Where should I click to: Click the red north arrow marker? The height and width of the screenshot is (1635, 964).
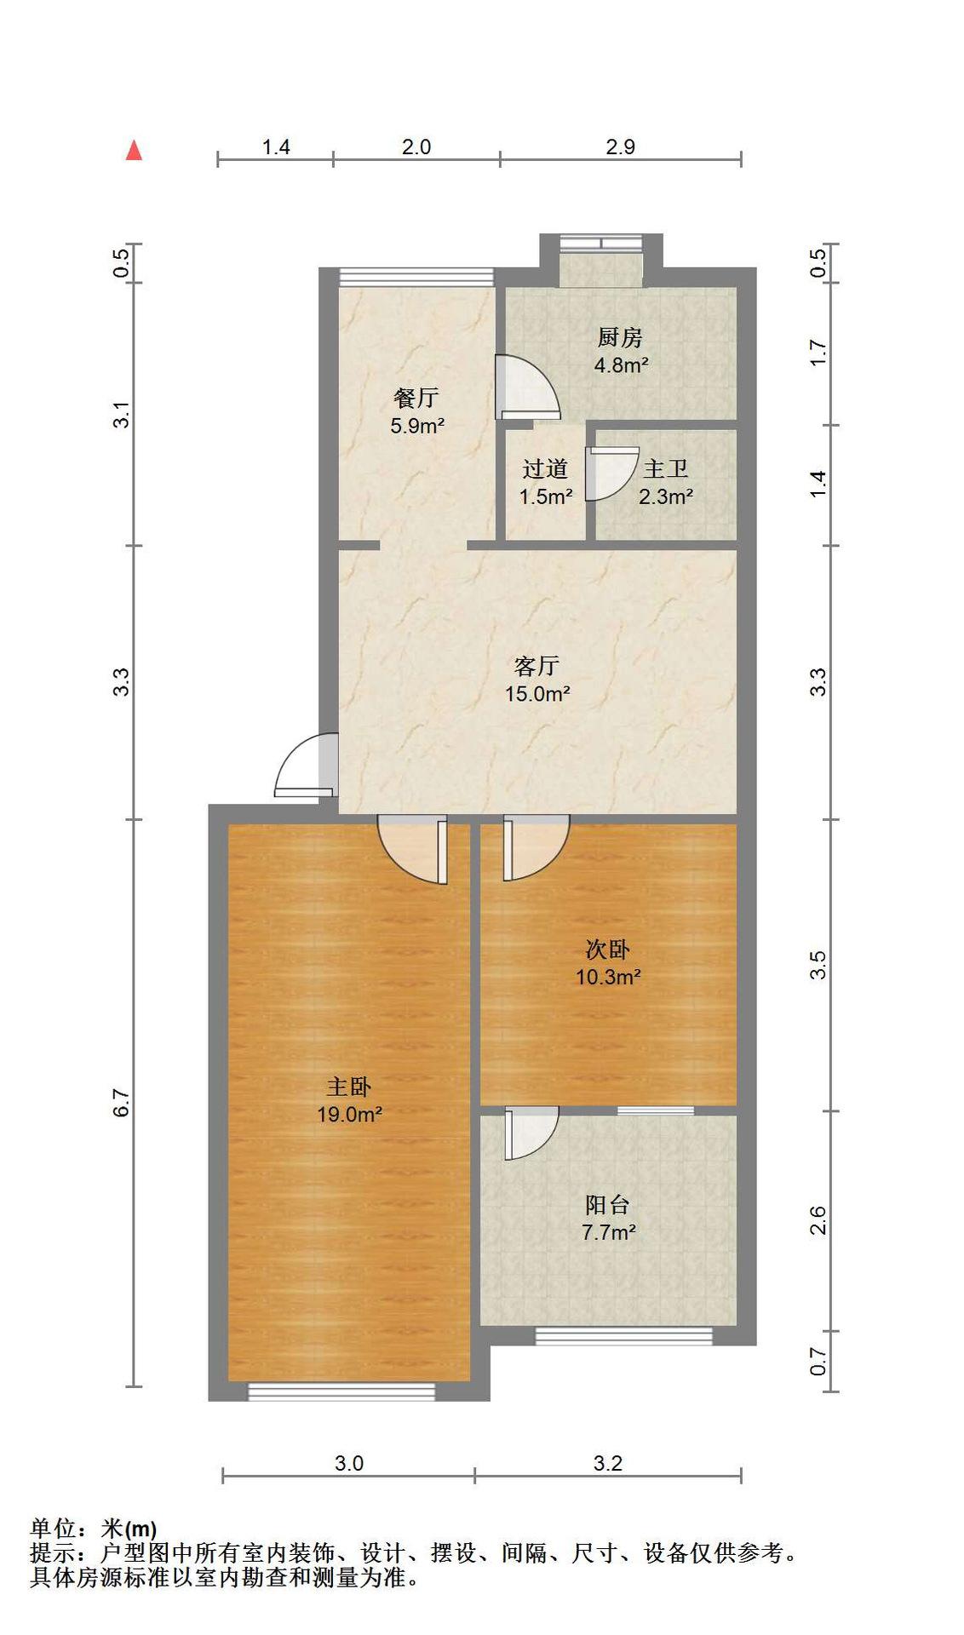tap(134, 150)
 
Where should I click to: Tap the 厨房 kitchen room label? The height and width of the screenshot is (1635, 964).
tap(620, 338)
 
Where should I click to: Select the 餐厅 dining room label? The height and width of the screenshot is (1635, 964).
tap(416, 398)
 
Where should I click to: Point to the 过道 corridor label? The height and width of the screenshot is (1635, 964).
tap(545, 469)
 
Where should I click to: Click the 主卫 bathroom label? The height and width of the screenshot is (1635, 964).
tap(666, 469)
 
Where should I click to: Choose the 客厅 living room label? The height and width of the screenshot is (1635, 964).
tap(537, 665)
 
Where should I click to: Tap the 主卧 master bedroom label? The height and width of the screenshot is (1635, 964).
tap(349, 1087)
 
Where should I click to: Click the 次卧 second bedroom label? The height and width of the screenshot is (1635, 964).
tap(608, 949)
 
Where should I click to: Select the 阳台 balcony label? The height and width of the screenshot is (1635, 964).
tap(608, 1205)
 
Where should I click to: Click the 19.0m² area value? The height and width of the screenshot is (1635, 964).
tap(349, 1114)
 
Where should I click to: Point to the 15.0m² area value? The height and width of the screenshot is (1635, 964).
tap(537, 693)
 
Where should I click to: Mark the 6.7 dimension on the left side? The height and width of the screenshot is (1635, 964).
tap(123, 1103)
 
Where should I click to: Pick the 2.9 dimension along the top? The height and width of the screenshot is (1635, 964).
tap(621, 147)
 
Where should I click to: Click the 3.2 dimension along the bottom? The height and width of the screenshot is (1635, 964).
tap(608, 1464)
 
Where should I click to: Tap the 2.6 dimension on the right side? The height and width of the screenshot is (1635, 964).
tap(818, 1220)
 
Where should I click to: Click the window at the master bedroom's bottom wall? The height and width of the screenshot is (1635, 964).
tap(341, 1391)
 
